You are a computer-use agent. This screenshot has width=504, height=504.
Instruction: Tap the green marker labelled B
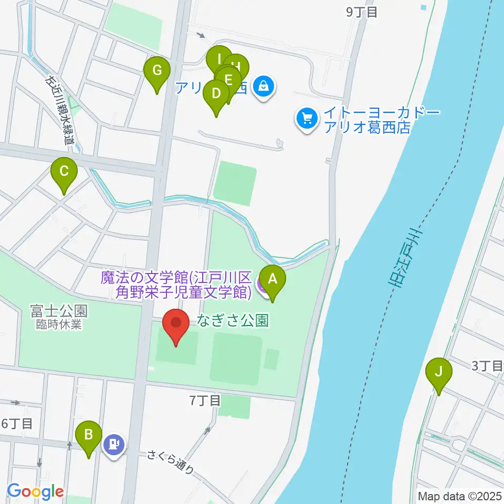click(x=89, y=434)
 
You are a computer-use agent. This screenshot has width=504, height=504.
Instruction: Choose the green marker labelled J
click(x=438, y=372)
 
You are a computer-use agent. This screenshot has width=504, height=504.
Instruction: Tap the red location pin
click(x=176, y=323)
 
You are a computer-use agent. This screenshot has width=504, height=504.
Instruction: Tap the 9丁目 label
click(x=362, y=12)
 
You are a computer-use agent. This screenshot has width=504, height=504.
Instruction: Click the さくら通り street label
click(x=171, y=461)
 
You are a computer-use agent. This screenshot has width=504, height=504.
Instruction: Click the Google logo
click(x=35, y=491)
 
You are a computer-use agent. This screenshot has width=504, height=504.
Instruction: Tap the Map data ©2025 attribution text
click(x=459, y=496)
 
